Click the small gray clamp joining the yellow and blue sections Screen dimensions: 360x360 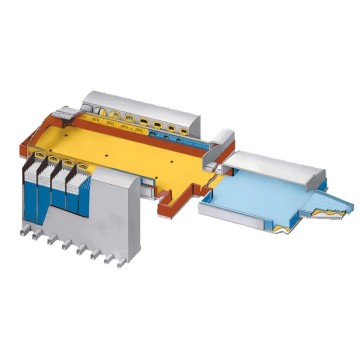222,141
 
